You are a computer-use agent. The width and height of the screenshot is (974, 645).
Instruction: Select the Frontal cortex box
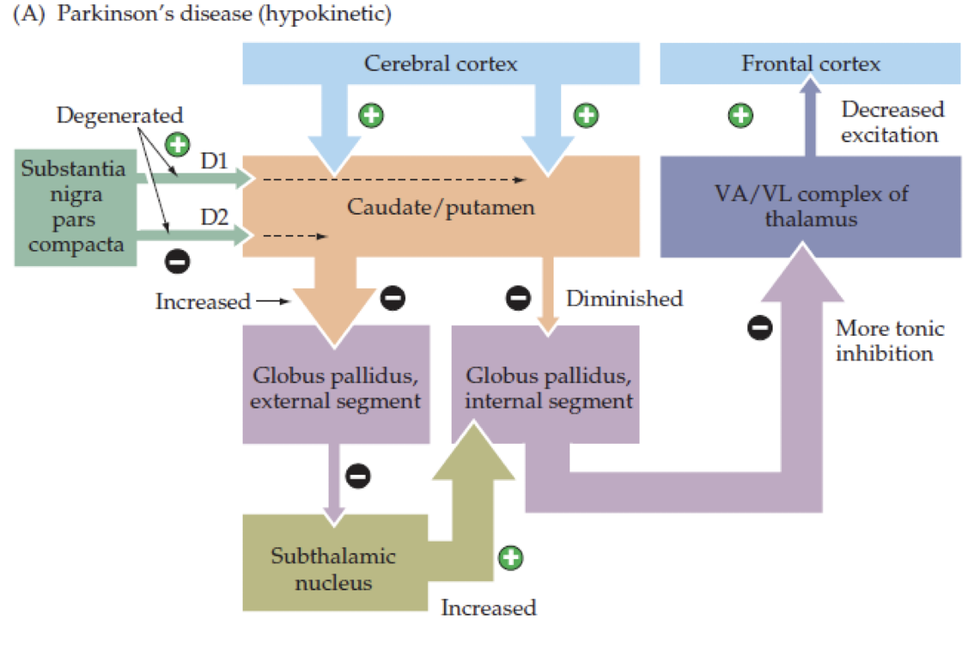tap(810, 64)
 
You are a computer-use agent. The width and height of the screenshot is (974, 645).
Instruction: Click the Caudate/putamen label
tap(441, 206)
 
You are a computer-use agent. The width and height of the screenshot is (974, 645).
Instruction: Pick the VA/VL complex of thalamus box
tap(810, 206)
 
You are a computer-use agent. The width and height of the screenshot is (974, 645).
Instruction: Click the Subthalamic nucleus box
tap(333, 568)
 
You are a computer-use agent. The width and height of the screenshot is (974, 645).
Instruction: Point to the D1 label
tap(214, 159)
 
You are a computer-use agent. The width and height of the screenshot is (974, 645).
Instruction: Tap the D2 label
tap(214, 216)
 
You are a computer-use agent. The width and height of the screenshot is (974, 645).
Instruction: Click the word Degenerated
tap(120, 115)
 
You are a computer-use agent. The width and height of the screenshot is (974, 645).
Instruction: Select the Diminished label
tap(623, 298)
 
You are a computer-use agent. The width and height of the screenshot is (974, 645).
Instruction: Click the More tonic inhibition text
tap(889, 340)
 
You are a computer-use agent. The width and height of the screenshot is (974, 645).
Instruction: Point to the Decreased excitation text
tap(892, 121)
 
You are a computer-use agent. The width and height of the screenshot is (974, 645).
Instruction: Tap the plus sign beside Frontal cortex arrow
tap(741, 115)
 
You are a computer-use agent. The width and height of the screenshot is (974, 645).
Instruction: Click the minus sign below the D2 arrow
tap(177, 263)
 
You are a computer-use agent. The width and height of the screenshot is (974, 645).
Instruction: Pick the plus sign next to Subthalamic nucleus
tap(511, 557)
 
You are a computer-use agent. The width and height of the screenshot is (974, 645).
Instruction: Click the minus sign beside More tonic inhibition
tap(760, 328)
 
